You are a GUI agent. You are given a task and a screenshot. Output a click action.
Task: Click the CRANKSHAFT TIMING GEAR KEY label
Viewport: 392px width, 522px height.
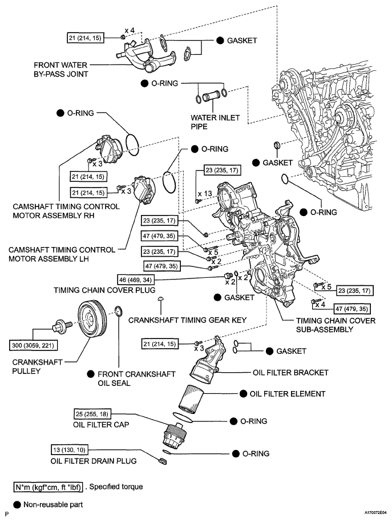tap(187, 320)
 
